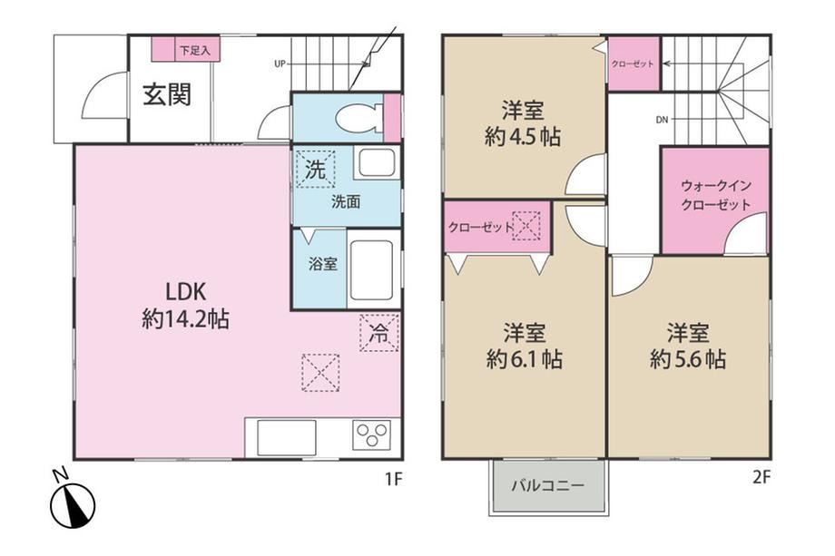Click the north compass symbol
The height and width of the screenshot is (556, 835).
[x=72, y=501]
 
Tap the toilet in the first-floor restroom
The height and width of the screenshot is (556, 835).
[x=359, y=116]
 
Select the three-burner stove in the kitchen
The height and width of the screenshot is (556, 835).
[x=371, y=435]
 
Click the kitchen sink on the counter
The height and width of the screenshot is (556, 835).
[x=287, y=437]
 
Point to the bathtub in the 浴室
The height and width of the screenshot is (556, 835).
[x=372, y=270]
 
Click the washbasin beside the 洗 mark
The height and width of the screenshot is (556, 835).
[x=376, y=162]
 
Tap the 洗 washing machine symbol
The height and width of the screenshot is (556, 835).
[x=315, y=170]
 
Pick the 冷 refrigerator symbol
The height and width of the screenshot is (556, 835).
[x=379, y=333]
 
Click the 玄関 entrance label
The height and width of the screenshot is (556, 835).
[x=167, y=95]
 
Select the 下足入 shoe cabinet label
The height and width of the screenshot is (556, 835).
[x=194, y=51]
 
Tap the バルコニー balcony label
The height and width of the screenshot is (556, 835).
[x=548, y=485]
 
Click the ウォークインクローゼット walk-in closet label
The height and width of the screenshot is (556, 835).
[x=716, y=195]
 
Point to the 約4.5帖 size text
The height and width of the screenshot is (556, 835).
[x=523, y=137]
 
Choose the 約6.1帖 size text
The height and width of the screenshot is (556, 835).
[x=524, y=360]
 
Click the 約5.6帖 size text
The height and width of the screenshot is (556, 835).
[x=687, y=360]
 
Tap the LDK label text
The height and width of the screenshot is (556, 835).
[x=186, y=291]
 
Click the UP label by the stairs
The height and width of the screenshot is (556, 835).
[x=280, y=63]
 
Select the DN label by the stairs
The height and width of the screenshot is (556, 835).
[x=662, y=120]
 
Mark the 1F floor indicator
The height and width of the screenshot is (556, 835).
[x=393, y=480]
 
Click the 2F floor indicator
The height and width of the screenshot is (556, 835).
[x=762, y=477]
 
